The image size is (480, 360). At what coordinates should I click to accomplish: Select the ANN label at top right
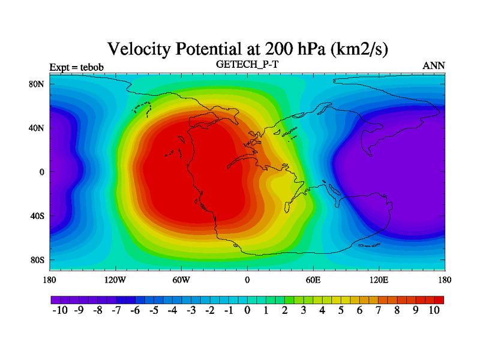click(x=434, y=66)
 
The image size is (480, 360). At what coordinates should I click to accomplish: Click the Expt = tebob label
click(x=77, y=67)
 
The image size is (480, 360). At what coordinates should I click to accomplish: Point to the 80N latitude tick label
click(x=37, y=84)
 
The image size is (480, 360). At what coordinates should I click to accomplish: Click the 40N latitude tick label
click(x=37, y=128)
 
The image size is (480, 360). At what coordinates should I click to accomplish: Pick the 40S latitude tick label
click(x=37, y=216)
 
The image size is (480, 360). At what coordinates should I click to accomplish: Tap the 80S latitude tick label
click(x=37, y=260)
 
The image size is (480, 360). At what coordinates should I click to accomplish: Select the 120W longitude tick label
click(x=115, y=280)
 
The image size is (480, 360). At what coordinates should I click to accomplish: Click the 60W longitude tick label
click(x=181, y=280)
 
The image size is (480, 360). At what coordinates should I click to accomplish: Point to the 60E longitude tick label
click(x=313, y=280)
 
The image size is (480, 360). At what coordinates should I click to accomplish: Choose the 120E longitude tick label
click(x=379, y=280)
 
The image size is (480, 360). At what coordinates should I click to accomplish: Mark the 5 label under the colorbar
click(x=341, y=310)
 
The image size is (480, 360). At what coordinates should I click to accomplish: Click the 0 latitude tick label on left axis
click(x=42, y=172)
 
